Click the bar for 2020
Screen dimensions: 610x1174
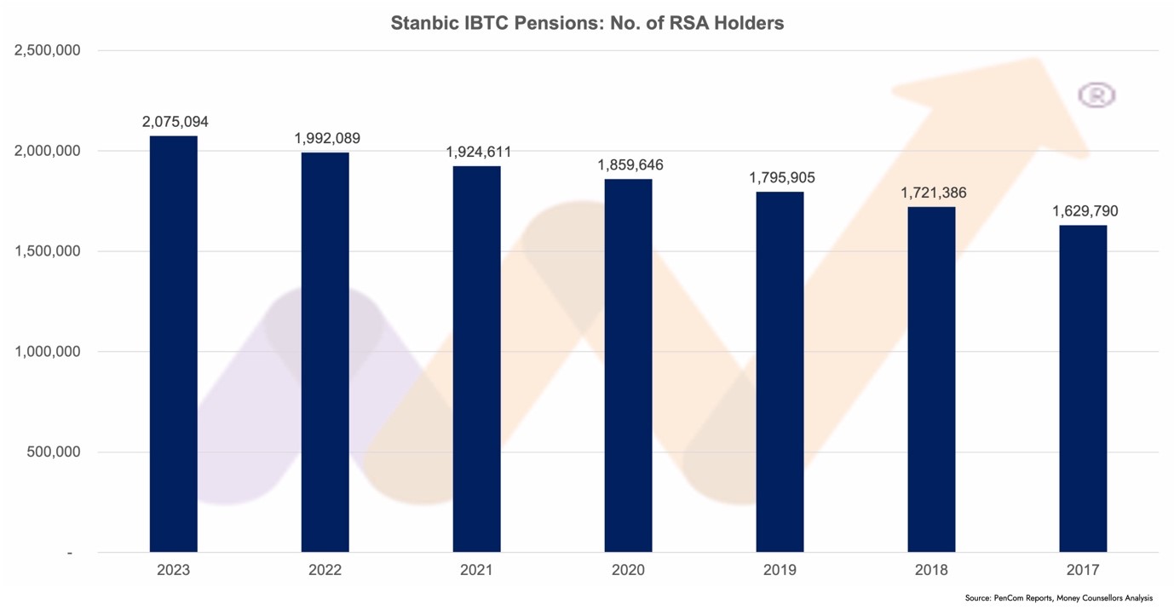pyautogui.click(x=628, y=365)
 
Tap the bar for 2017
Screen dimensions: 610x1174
pyautogui.click(x=1083, y=388)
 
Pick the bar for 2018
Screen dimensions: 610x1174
pyautogui.click(x=931, y=379)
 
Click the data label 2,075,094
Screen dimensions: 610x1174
pyautogui.click(x=175, y=122)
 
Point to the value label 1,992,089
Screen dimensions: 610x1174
pyautogui.click(x=327, y=138)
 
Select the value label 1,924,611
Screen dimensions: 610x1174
pyautogui.click(x=479, y=152)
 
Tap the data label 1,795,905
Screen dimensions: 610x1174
pyautogui.click(x=782, y=178)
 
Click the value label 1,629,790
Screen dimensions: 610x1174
pyautogui.click(x=1085, y=210)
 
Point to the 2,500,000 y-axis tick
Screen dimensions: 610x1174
pyautogui.click(x=48, y=50)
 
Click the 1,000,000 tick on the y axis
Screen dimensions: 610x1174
pyautogui.click(x=48, y=352)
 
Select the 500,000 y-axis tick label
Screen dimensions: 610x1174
pyautogui.click(x=54, y=452)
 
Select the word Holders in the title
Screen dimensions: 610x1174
pyautogui.click(x=747, y=24)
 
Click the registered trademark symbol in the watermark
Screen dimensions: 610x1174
pyautogui.click(x=1096, y=95)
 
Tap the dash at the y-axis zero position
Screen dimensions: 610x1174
pyautogui.click(x=70, y=554)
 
